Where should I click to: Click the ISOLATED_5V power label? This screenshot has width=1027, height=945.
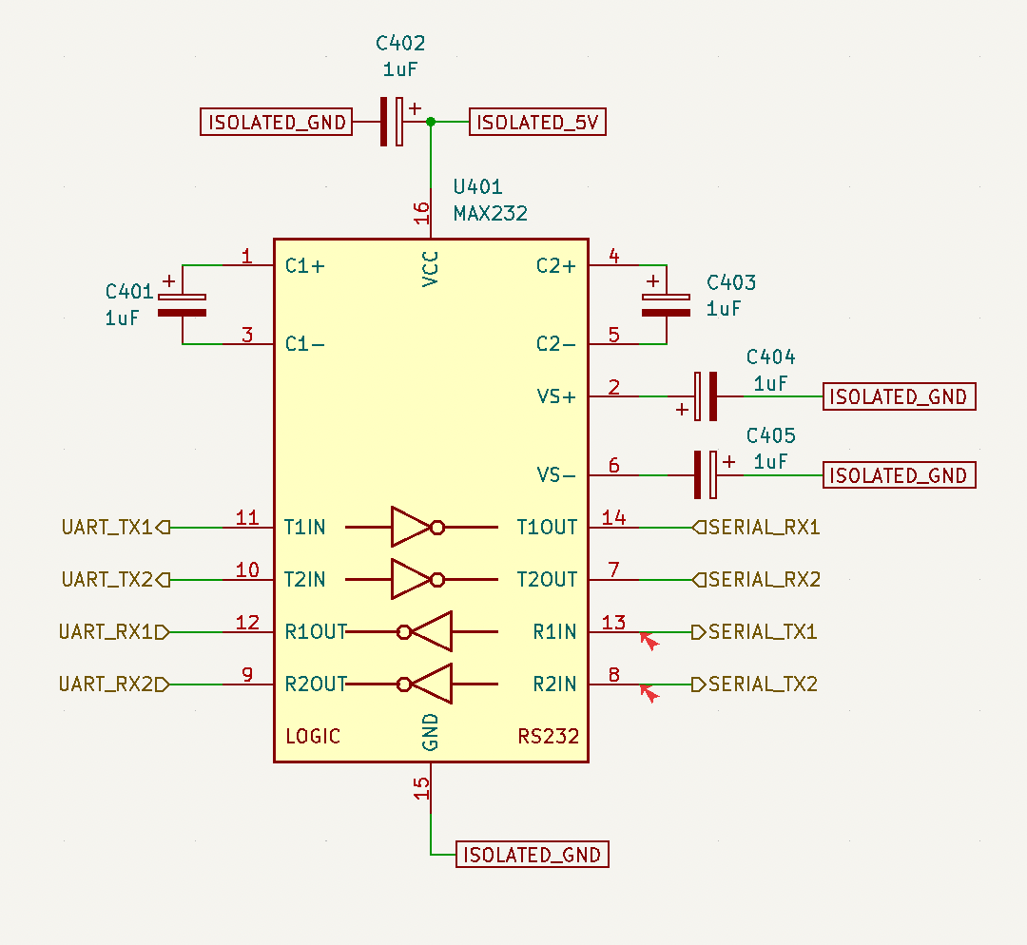tap(537, 122)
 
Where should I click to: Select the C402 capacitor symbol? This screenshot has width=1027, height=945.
tap(392, 121)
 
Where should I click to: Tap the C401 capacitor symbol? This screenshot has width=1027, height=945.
tap(182, 305)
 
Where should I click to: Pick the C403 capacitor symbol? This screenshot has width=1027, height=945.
tap(666, 305)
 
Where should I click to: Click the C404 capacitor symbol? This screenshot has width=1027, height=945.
tap(706, 396)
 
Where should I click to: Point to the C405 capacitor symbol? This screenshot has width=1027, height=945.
tap(706, 474)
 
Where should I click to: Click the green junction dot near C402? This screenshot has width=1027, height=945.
tap(431, 122)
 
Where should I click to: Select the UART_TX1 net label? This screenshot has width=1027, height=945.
tap(115, 528)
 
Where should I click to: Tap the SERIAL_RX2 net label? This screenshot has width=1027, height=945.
tap(757, 580)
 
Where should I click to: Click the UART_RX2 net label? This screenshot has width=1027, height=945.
tap(114, 685)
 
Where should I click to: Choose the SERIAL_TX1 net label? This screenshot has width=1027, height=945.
tap(754, 632)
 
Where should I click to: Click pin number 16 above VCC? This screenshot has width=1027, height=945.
tap(421, 213)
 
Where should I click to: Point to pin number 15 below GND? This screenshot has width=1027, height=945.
tap(421, 788)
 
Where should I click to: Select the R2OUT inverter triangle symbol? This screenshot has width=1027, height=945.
tap(425, 684)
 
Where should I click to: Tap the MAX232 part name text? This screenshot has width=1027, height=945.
tap(491, 214)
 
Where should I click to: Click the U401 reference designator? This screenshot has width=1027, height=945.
tap(478, 187)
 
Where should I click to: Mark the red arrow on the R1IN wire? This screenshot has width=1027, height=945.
tap(649, 641)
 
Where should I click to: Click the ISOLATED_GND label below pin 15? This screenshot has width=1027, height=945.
tap(533, 855)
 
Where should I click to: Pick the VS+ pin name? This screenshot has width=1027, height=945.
tap(556, 396)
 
